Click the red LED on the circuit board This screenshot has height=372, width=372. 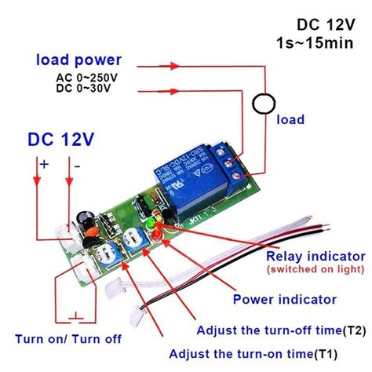160,235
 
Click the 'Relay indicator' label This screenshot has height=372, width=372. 305,257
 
